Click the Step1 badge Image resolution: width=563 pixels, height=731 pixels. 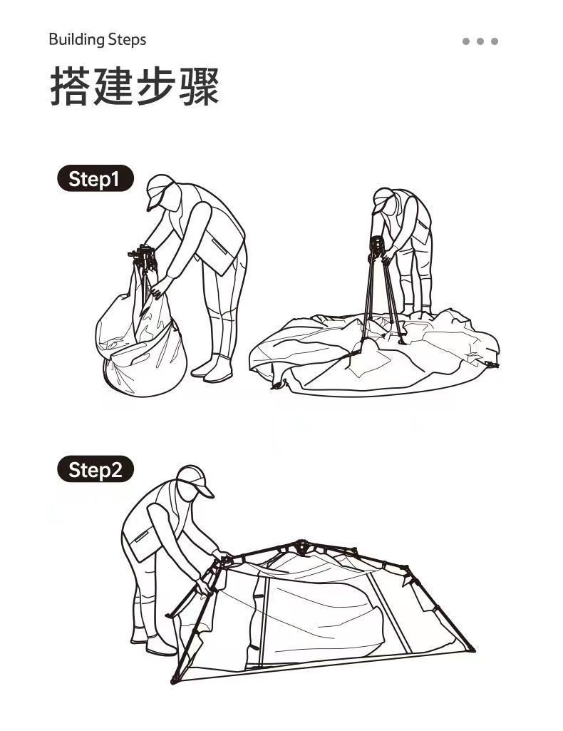(95, 178)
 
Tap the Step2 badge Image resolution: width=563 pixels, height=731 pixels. (95, 469)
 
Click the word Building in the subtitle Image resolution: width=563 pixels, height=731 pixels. (76, 40)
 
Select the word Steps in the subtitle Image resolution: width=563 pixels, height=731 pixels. (127, 40)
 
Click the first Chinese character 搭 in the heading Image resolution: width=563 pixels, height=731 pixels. (69, 86)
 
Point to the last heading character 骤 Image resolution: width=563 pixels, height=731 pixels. (200, 86)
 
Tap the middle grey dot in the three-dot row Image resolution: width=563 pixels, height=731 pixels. (480, 41)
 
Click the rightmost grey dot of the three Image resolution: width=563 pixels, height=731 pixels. (495, 41)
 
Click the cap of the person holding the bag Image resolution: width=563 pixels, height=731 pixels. (159, 189)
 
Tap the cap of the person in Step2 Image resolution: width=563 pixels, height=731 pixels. (195, 479)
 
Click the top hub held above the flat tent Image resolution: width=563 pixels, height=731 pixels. (376, 245)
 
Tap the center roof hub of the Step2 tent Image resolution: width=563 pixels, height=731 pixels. (302, 546)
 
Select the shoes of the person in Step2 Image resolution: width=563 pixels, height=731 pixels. (154, 642)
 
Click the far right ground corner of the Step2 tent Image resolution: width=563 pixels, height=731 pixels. (472, 648)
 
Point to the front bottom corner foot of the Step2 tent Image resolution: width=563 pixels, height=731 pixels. (175, 680)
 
